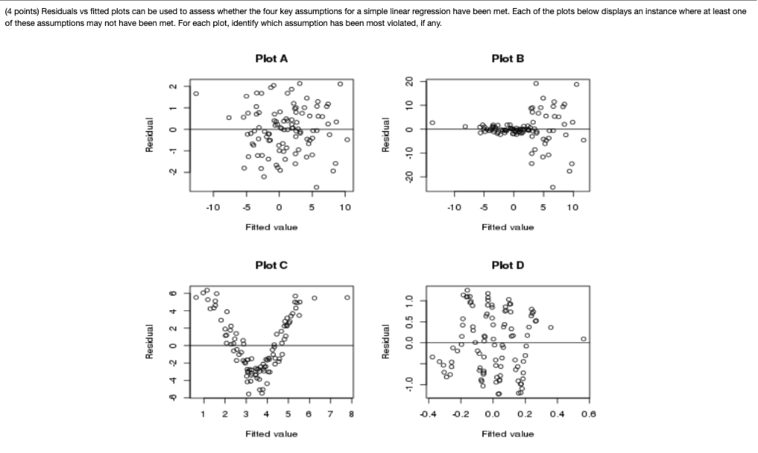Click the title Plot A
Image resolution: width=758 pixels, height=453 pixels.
[271, 59]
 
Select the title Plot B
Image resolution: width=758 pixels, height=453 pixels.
[507, 59]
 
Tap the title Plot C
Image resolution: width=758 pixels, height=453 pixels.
[271, 265]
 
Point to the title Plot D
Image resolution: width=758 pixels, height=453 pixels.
[507, 265]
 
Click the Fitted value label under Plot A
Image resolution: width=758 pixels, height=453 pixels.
[271, 227]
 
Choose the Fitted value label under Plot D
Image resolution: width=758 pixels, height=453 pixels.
[507, 434]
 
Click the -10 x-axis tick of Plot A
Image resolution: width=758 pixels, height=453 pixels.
[213, 208]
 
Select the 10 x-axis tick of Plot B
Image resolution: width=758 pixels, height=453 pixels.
[572, 208]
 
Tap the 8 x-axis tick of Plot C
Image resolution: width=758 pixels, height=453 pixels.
[352, 415]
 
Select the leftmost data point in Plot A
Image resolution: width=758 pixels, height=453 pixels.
[196, 94]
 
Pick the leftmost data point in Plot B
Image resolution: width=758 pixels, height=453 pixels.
[432, 123]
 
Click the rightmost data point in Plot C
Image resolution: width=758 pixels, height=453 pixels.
[347, 298]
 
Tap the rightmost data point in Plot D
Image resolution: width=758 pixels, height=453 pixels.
[584, 339]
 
